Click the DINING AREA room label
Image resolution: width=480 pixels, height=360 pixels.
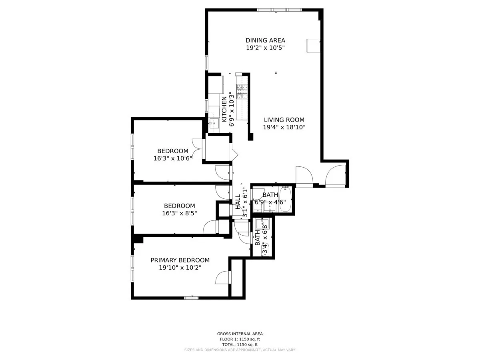point(265,40)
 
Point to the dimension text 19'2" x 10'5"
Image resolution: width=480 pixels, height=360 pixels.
point(265,48)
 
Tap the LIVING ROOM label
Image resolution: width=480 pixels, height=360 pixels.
point(284,120)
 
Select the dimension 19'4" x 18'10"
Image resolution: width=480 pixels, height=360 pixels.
point(284,127)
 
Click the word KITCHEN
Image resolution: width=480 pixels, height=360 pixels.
point(224,106)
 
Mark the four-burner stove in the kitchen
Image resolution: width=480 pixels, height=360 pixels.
point(242,92)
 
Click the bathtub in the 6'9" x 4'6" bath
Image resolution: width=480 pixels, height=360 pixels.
point(285,199)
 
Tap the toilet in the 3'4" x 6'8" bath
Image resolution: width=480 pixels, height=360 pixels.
point(265,250)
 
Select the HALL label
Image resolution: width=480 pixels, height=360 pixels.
point(238,202)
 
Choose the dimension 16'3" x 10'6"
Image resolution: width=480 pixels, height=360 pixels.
point(173,158)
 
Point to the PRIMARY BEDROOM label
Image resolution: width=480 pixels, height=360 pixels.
point(180,260)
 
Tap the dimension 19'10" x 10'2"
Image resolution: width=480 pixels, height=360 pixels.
point(180,268)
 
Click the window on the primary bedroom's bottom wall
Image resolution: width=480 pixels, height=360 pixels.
point(191,298)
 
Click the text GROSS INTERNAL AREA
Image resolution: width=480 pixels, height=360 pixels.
point(240,334)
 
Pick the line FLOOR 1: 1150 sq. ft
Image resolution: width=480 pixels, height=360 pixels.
point(240,339)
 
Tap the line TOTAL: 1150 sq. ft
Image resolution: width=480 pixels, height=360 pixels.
point(240,344)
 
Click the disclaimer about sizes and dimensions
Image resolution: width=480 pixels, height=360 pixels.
point(240,350)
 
